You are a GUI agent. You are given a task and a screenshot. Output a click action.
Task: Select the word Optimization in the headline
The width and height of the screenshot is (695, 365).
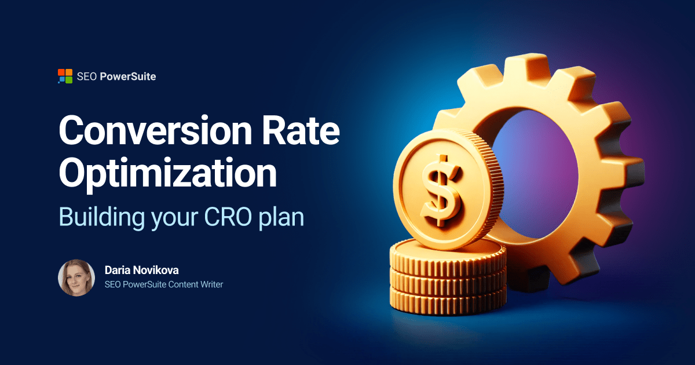(x=167, y=173)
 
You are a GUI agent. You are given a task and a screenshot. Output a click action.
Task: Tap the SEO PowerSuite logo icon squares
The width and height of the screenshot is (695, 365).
(x=65, y=76)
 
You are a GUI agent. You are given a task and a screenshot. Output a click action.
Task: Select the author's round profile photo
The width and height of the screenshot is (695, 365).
(x=76, y=278)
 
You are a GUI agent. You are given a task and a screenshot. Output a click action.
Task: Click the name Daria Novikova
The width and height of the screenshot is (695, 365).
(x=142, y=270)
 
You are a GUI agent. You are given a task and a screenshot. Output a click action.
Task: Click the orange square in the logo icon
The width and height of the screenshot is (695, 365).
(x=61, y=72)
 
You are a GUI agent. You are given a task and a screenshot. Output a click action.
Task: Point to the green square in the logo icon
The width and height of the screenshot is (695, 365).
(x=68, y=79)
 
